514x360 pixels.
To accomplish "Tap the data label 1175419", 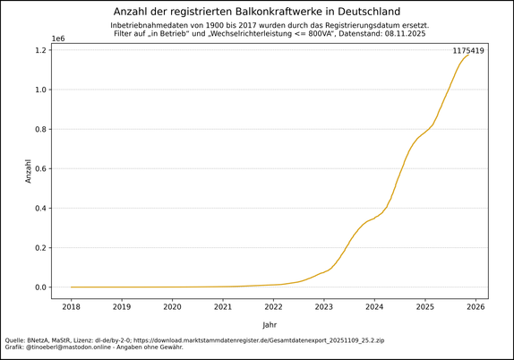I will [467, 51].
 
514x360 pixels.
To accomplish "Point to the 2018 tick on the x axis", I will [71, 306].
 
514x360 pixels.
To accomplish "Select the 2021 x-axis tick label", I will [223, 306].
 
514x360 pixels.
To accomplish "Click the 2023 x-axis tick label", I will [323, 306].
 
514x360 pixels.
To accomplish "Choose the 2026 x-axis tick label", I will [475, 306].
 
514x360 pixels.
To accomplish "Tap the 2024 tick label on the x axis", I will [374, 306].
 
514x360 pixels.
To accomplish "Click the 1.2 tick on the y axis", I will [41, 50].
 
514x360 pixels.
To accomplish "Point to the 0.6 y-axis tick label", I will [41, 169].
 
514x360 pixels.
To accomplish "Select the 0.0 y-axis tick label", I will [41, 287].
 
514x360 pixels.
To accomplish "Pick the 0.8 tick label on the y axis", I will [41, 130].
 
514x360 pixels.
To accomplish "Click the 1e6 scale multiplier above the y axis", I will [58, 39].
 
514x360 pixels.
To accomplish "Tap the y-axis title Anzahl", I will [28, 171].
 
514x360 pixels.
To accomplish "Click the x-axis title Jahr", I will [270, 324].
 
